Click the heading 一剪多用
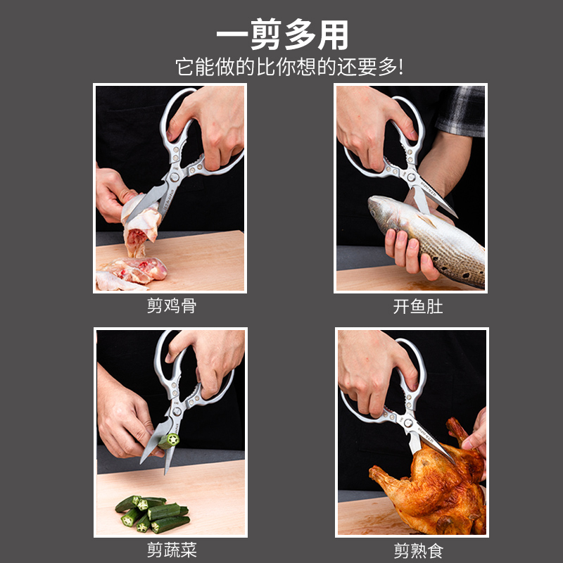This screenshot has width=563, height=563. point(282,34)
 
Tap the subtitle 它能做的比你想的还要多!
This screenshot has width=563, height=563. point(289,67)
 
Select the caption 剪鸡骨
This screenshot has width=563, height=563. point(172,306)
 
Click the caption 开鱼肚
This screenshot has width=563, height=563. point(418,307)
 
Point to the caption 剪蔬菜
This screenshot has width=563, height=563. point(172,550)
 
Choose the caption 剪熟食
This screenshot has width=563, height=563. point(419,550)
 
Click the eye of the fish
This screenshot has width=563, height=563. point(374,206)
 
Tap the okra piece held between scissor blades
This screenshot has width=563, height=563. point(168,441)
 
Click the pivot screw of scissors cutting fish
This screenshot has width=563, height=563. point(411,177)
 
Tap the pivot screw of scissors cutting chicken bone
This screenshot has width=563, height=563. point(175,177)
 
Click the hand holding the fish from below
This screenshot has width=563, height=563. point(410,251)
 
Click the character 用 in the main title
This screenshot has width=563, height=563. point(333,34)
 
